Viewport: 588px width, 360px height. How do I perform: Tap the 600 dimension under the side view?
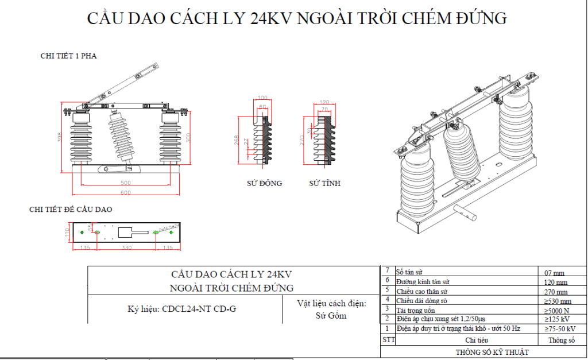pos(125,192)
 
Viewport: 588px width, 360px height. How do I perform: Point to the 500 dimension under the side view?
pos(125,182)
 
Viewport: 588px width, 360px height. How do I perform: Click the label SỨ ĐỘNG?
pos(264,184)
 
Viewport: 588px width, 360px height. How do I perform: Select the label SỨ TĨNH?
pos(324,184)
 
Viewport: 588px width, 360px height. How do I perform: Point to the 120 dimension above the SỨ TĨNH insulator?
pos(324,102)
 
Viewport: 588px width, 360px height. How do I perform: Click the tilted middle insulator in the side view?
pos(123,138)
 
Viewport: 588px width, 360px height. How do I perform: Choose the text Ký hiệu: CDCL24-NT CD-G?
pos(181,309)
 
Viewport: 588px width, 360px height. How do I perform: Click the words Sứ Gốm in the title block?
pos(331,315)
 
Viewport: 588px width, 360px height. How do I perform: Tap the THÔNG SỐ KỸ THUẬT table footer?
pos(492,352)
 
